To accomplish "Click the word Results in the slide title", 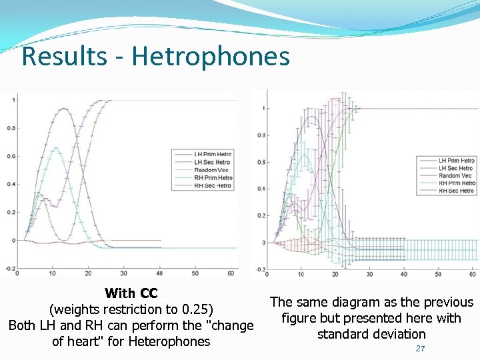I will coord(63,56).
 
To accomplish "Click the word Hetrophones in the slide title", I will coord(211,56).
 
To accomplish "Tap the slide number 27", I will coord(420,349).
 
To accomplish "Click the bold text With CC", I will coord(131,293).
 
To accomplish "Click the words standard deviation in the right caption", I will coord(371,334).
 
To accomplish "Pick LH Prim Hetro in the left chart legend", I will coord(213,155).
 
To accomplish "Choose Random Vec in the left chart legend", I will coord(211,170).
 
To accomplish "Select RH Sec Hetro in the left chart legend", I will coord(213,185).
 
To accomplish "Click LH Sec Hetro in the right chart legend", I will coord(456,168).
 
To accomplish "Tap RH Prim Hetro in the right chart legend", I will coord(457,183).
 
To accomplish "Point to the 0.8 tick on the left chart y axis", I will coord(11,128).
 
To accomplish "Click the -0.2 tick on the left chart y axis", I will coord(10,268).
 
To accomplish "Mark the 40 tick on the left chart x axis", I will coord(160,273).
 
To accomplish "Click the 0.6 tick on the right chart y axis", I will coord(262,162).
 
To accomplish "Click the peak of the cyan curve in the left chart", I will coord(56,148).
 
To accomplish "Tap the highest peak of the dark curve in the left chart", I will coord(64,109).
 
